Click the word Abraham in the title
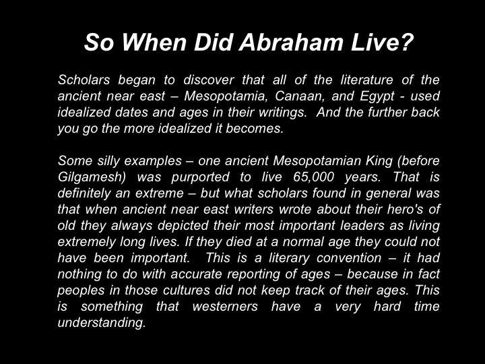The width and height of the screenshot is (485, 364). click(x=291, y=42)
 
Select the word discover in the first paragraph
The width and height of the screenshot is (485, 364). click(x=209, y=80)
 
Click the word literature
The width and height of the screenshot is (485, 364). click(x=366, y=80)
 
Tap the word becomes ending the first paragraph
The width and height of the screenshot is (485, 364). click(x=255, y=129)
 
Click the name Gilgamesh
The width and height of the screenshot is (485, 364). click(x=92, y=177)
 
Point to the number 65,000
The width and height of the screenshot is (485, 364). click(x=313, y=177)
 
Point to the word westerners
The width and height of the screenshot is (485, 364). click(x=225, y=307)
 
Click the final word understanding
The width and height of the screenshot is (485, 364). click(x=102, y=323)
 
